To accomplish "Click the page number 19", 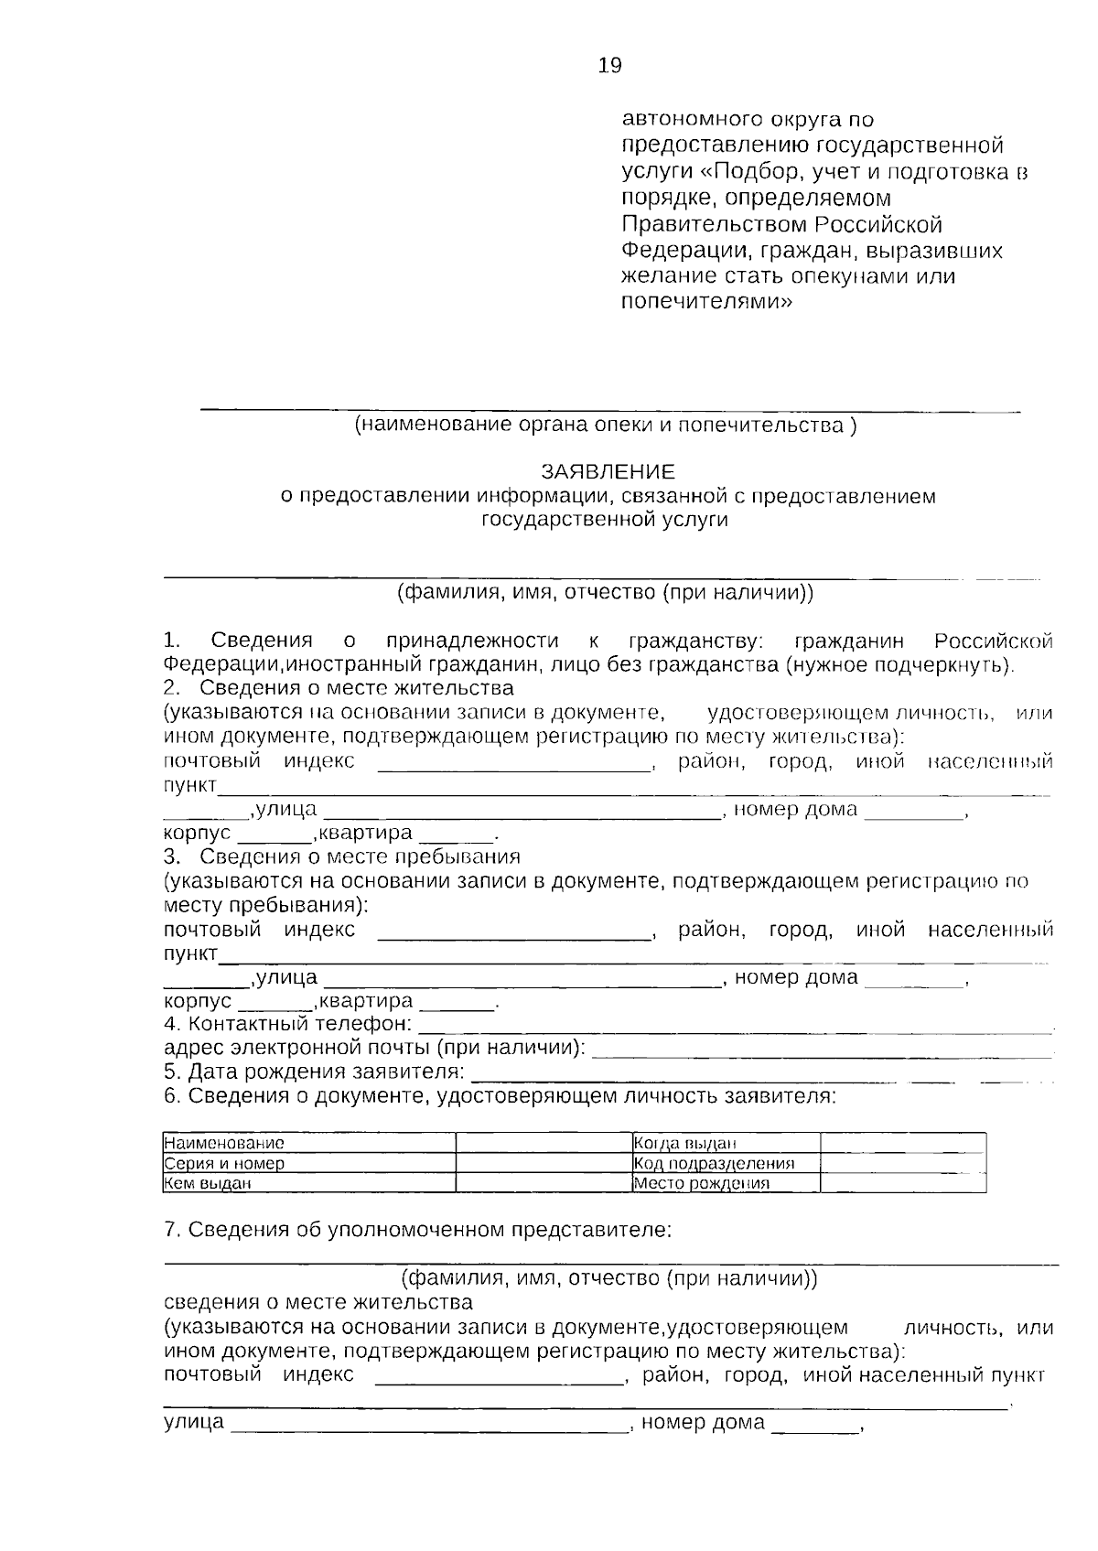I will coord(609,65).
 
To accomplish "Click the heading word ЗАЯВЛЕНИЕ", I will coord(608,472).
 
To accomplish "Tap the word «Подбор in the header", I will coord(753,172).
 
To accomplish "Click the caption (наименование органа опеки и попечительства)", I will coord(606,425).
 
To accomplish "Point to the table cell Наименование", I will coord(224,1143).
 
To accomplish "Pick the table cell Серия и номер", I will coord(224,1164).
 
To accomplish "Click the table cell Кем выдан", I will coord(208,1183).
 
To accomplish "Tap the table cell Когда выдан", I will coord(685,1143).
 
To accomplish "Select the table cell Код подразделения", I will coord(714,1164).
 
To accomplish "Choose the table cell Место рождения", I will coord(701,1183).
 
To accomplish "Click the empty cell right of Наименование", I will coord(544,1143).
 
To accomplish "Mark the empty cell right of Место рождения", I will coord(902,1183).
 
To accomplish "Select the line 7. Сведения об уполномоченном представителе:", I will coord(418,1230).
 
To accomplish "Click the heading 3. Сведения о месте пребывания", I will coord(341,857).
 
